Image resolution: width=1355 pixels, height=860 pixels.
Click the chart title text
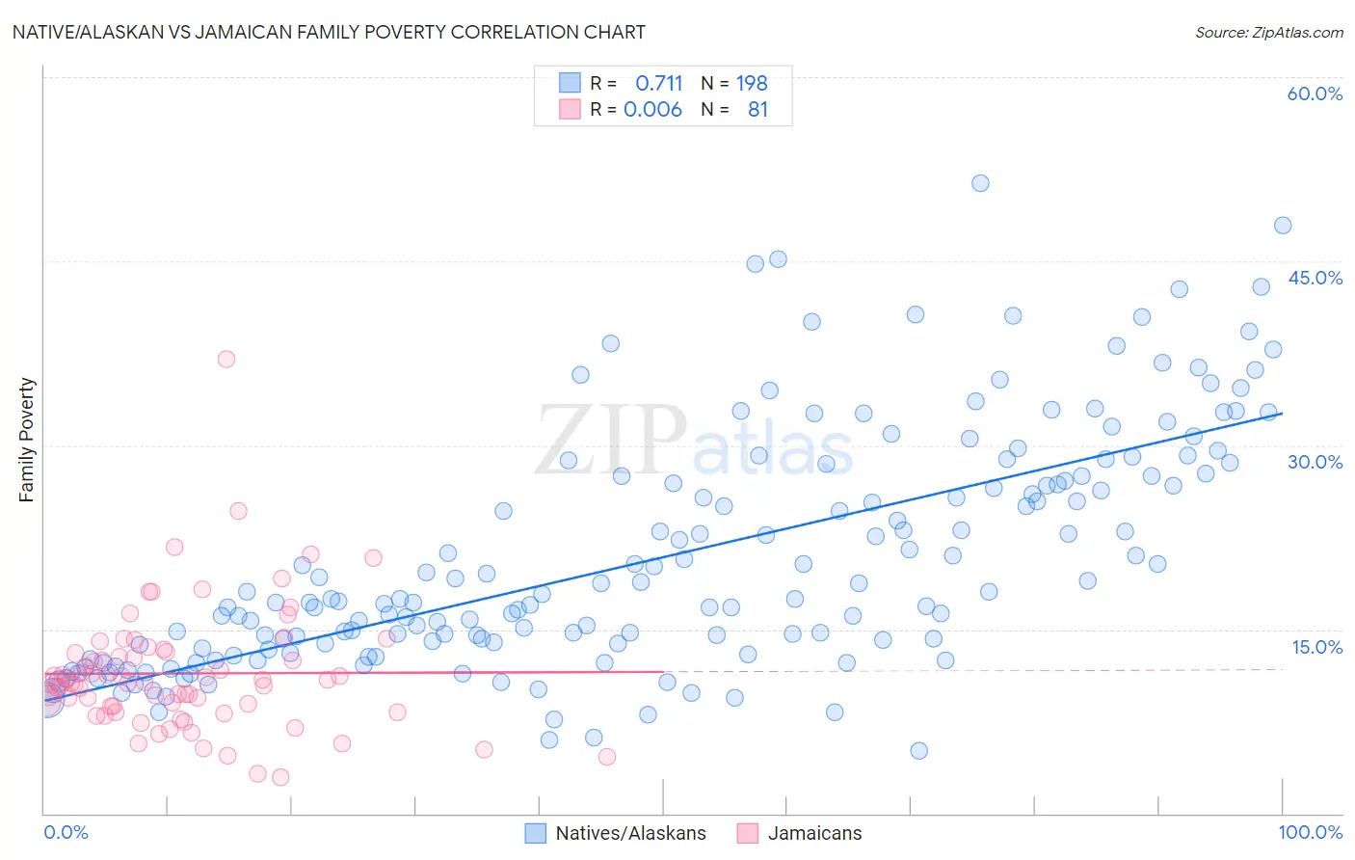[329, 32]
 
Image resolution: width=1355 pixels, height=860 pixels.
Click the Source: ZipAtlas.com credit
[1268, 32]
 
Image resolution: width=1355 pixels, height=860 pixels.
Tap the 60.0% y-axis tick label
[1315, 94]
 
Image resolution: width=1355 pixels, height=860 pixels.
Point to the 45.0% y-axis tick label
[1315, 278]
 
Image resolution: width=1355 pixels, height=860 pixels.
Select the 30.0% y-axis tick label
[1315, 462]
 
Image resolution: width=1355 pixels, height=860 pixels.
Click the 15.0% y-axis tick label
[1316, 647]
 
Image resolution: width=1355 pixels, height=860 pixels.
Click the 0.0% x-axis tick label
[66, 832]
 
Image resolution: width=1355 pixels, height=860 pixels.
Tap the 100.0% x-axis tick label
[1310, 832]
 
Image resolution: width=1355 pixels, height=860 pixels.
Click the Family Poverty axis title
[27, 440]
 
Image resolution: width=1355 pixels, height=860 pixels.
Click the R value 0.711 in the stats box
[658, 83]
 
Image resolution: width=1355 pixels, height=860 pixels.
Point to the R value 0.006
[652, 109]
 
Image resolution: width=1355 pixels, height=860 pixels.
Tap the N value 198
[752, 83]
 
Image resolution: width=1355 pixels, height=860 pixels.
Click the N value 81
[757, 109]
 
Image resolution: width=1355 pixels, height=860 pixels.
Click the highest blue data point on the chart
[980, 183]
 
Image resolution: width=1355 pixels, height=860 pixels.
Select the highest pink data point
[226, 359]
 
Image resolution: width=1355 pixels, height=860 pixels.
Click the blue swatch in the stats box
[570, 83]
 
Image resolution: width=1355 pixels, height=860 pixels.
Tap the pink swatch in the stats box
[570, 109]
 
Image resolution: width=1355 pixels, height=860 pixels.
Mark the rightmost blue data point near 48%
[1283, 226]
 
